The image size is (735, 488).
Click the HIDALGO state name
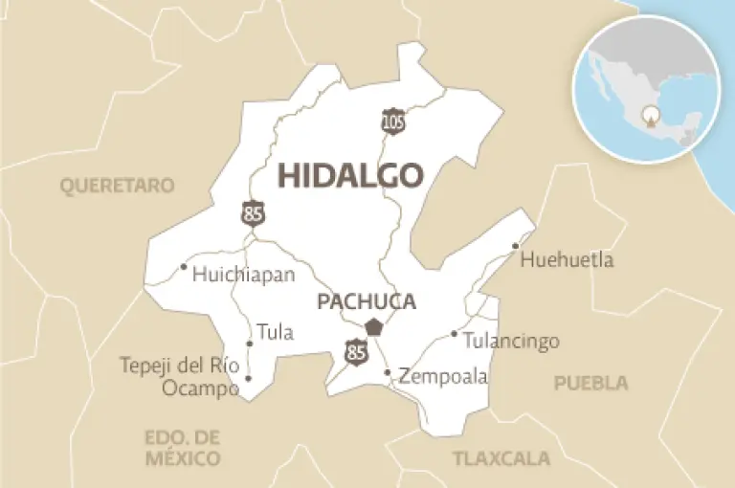[x=350, y=176]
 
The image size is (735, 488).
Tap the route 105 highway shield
[x=392, y=120]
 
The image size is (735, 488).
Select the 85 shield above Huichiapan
[x=253, y=212]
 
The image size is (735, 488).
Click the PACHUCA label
[x=367, y=302]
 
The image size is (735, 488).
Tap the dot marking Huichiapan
[x=183, y=266]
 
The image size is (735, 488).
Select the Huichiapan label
[x=243, y=275]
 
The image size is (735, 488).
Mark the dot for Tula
[x=250, y=344]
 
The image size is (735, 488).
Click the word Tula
[x=275, y=334]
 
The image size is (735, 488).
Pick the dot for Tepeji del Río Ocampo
[x=248, y=378]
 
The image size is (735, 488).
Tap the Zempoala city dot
[x=387, y=372]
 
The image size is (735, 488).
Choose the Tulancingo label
[x=511, y=342]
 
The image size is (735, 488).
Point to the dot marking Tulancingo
[x=454, y=334]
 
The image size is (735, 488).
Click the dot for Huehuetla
[x=515, y=246]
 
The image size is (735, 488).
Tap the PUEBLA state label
[x=590, y=383]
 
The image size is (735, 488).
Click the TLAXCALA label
[x=501, y=457]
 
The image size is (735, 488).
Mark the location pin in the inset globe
[x=650, y=119]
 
